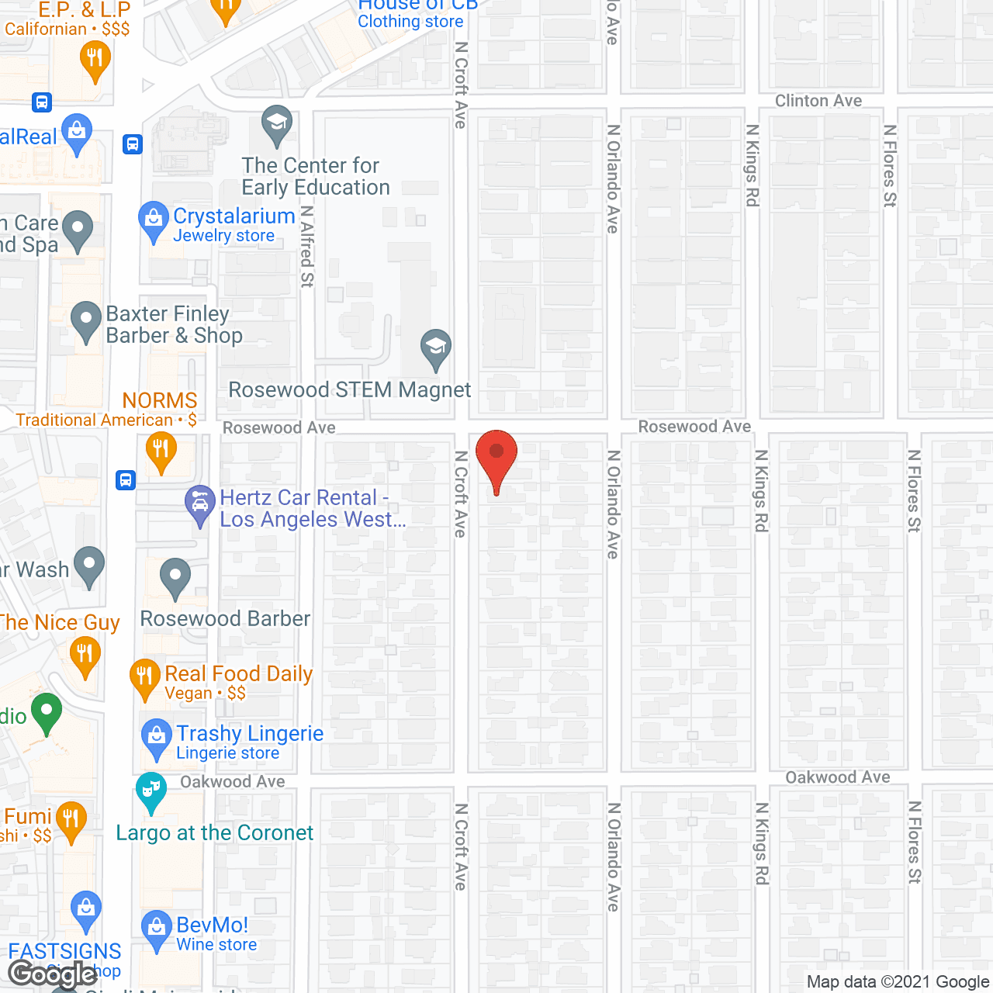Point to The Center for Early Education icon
(277, 123)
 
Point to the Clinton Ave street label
(818, 101)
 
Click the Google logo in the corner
(53, 974)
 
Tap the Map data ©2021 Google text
(898, 982)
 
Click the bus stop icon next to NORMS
(126, 480)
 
